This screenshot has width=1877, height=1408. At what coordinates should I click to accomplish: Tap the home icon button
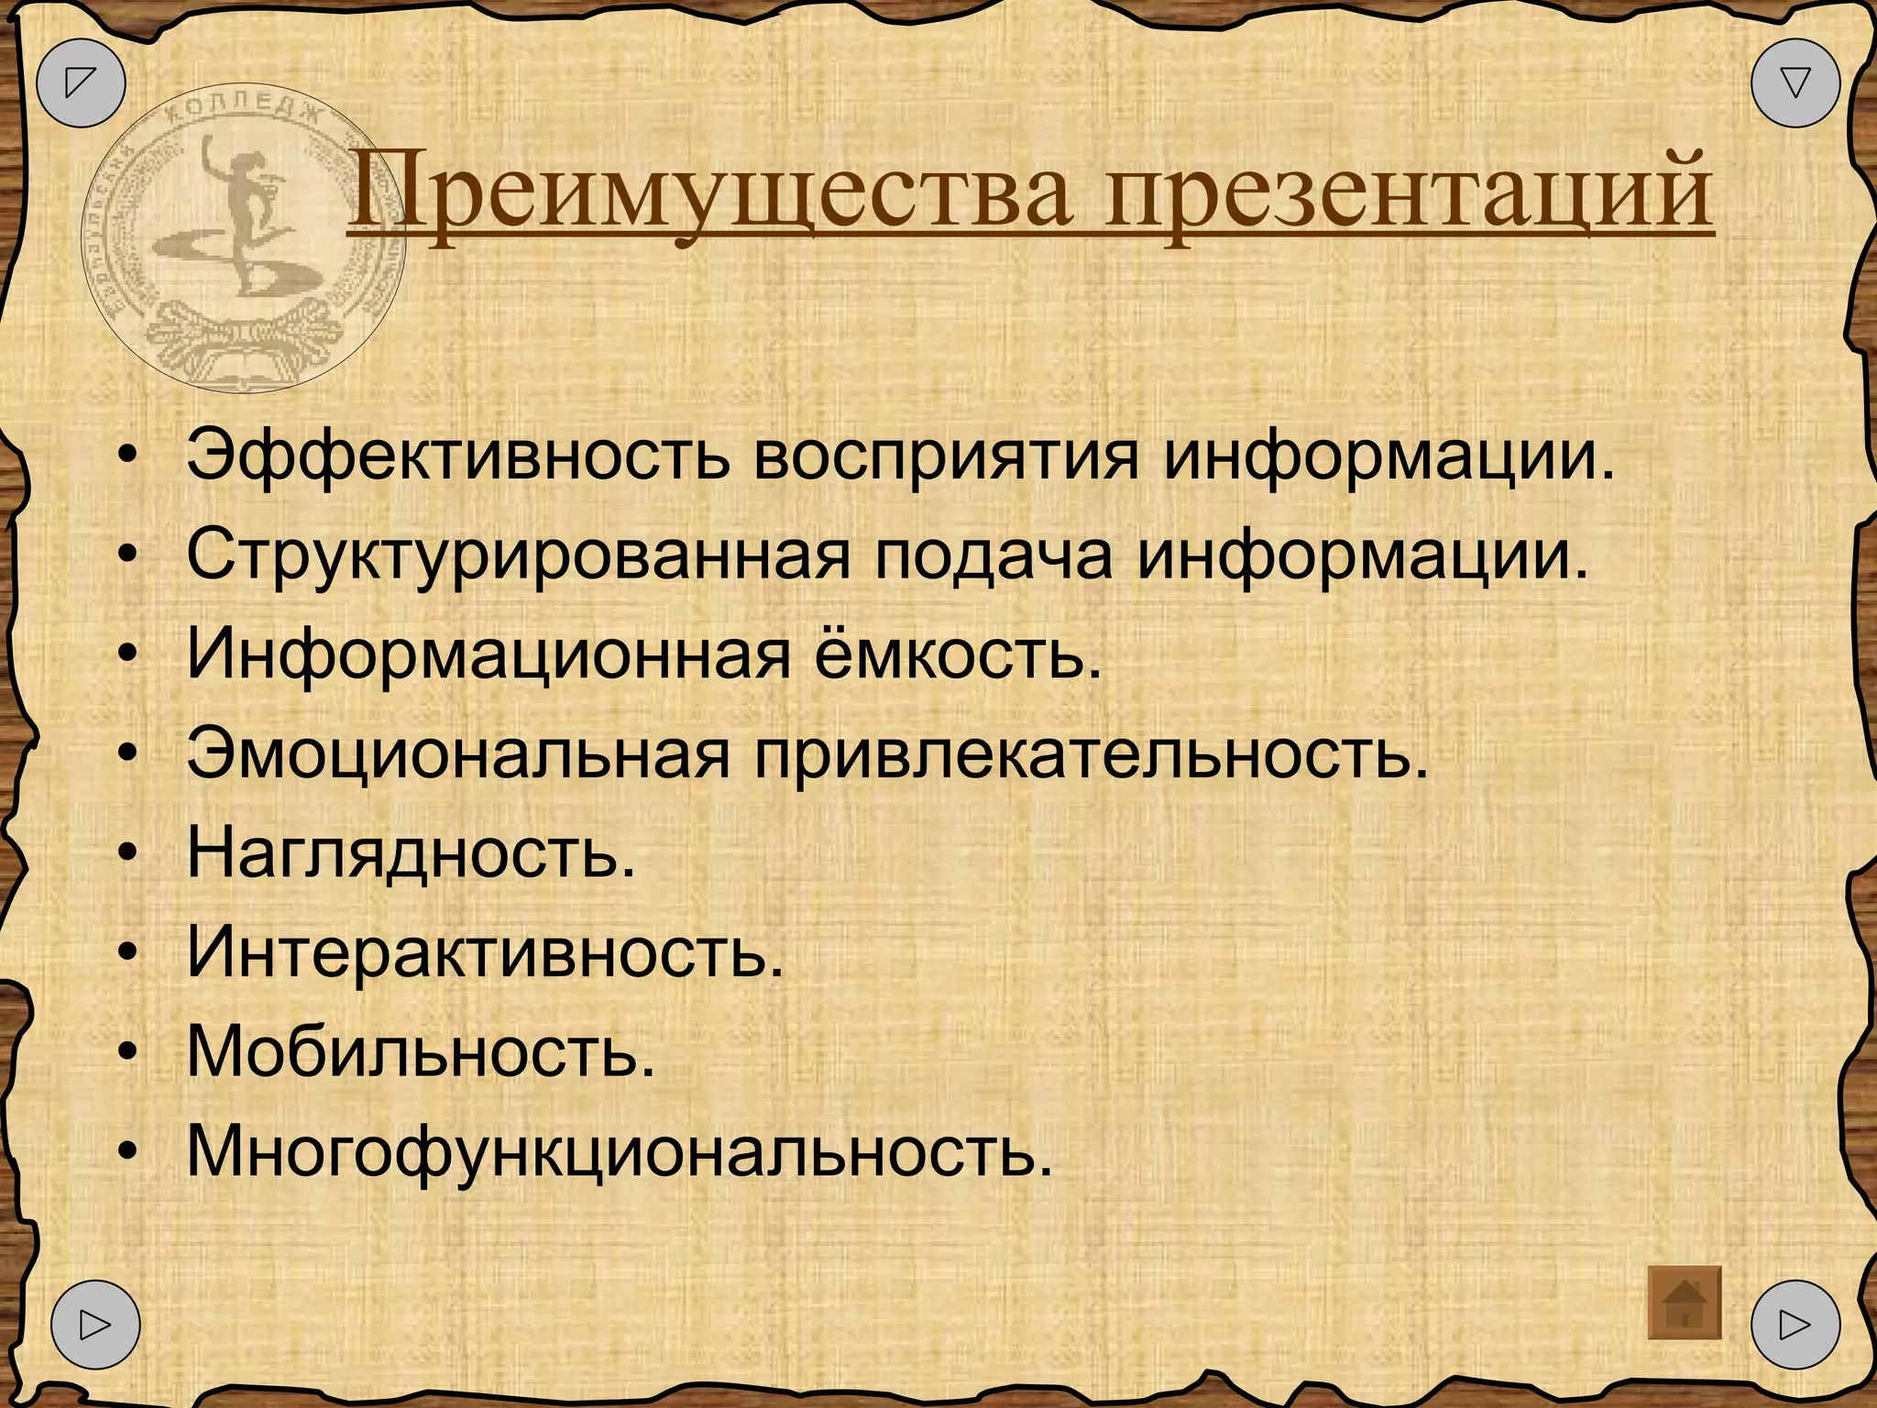click(x=1684, y=1303)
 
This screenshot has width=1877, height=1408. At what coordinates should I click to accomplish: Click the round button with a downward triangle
click(x=1795, y=82)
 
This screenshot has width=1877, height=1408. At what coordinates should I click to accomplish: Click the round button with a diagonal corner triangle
click(x=81, y=82)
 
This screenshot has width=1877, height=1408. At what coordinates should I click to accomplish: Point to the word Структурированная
click(x=518, y=555)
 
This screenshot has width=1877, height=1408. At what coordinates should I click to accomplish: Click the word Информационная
click(x=488, y=655)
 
